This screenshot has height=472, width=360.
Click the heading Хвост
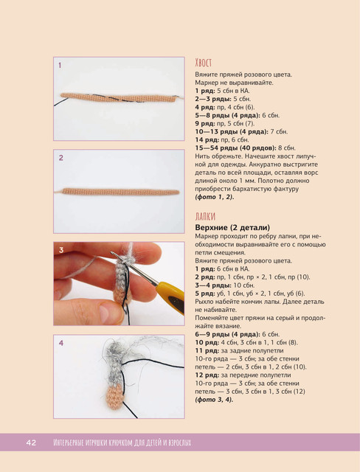tap(204, 63)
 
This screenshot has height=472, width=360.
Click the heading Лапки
tap(205, 216)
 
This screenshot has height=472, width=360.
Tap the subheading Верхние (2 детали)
tap(232, 228)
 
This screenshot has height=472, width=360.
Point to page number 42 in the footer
tap(31, 442)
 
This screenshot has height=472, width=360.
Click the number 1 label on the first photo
tap(60, 66)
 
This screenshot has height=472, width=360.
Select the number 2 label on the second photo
tap(60, 158)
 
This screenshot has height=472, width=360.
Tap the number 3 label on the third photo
tap(61, 250)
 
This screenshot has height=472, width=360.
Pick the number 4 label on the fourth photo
tap(61, 343)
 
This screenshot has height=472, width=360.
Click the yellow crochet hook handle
tap(170, 296)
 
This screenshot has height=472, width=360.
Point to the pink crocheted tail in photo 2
tap(120, 192)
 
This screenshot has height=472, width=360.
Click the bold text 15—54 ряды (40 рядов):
tap(235, 148)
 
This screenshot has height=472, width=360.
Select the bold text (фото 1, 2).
tap(215, 197)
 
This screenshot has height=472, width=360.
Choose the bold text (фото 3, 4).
tap(214, 400)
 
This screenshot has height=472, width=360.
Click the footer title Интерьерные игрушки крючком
tap(93, 442)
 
